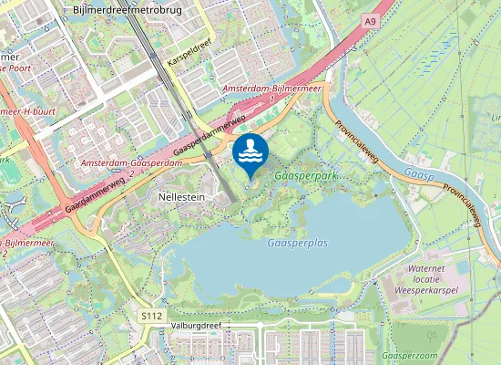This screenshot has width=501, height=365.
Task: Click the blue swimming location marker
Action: (250, 152)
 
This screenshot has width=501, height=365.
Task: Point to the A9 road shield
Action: (369, 21)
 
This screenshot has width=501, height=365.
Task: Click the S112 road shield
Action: (151, 315)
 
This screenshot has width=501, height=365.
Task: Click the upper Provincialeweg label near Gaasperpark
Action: (356, 141)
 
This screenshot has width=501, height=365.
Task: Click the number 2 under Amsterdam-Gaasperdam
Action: (133, 172)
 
